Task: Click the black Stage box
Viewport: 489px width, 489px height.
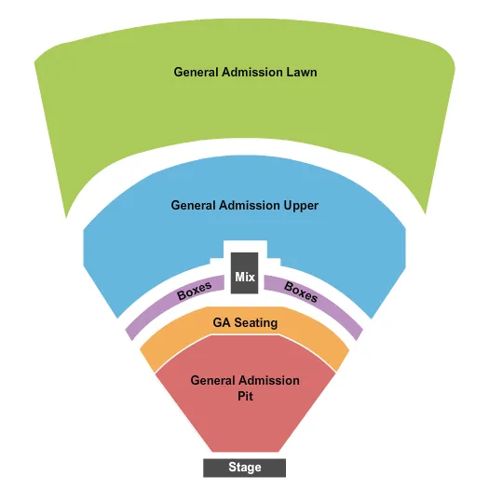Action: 245,467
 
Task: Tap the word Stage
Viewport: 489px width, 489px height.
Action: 245,467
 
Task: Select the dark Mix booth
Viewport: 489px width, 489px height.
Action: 245,269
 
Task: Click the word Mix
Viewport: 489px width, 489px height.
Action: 245,277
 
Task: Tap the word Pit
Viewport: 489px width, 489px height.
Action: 245,395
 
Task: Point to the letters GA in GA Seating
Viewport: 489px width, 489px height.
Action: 222,323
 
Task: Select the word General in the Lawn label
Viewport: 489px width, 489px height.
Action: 197,72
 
